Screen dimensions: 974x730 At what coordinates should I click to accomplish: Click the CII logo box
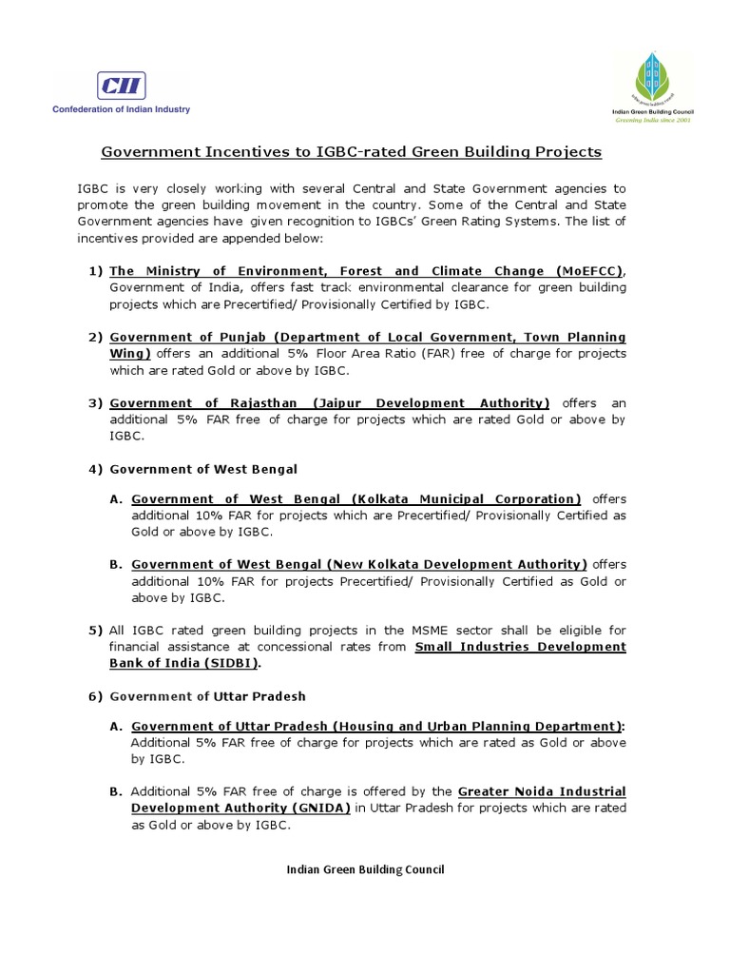coord(121,87)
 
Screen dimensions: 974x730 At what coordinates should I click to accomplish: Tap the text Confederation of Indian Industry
coord(121,109)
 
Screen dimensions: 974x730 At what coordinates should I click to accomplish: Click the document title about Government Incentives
coord(352,152)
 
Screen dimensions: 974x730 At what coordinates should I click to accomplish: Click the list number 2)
coord(96,338)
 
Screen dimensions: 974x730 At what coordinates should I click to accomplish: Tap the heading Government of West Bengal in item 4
coord(203,469)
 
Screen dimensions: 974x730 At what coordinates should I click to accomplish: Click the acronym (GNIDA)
coord(316,808)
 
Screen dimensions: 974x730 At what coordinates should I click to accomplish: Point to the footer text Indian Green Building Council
coord(365,869)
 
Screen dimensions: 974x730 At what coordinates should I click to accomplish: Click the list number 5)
coord(96,631)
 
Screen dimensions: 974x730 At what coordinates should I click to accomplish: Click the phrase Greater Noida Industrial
coord(542,791)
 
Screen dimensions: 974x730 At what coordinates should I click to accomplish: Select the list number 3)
coord(96,403)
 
